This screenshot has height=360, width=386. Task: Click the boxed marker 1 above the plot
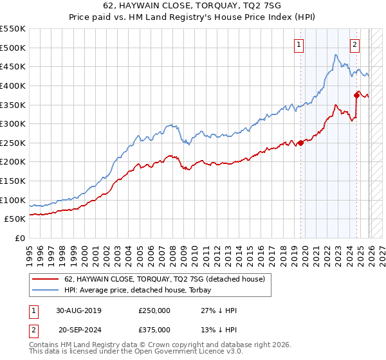[x=300, y=44]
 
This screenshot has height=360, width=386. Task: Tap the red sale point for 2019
[x=300, y=143]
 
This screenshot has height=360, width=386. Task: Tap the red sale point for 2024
[x=357, y=95]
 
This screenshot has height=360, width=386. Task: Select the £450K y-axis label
[x=13, y=66]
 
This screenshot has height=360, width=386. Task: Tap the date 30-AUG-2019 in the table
[x=79, y=310]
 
